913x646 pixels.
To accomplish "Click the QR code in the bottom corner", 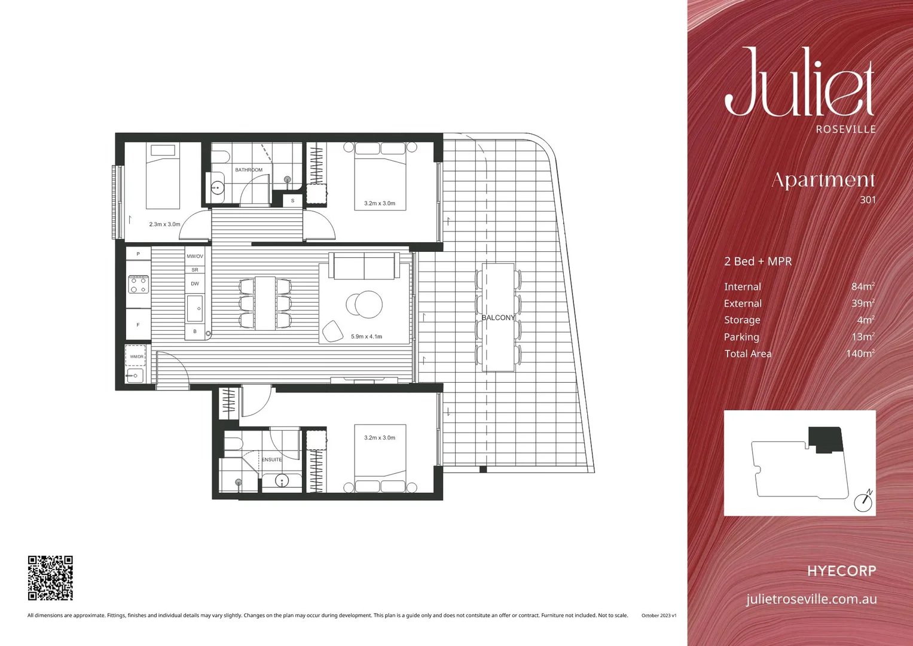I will pyautogui.click(x=50, y=578).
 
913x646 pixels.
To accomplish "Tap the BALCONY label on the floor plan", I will pyautogui.click(x=498, y=318).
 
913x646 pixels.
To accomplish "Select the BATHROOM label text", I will pyautogui.click(x=249, y=170).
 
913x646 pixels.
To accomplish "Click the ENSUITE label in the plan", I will pyautogui.click(x=271, y=459).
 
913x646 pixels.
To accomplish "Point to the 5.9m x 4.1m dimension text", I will pyautogui.click(x=367, y=337).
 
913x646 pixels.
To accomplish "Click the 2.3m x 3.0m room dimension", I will pyautogui.click(x=164, y=224).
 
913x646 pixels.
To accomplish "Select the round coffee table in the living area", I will pyautogui.click(x=364, y=304).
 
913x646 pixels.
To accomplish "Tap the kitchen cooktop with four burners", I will pyautogui.click(x=139, y=284).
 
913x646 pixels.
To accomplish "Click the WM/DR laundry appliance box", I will pyautogui.click(x=136, y=356).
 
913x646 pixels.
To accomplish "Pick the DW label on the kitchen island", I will pyautogui.click(x=195, y=284).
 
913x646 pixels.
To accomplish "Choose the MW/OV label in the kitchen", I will pyautogui.click(x=195, y=256).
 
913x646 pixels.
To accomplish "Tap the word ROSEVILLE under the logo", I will pyautogui.click(x=845, y=129).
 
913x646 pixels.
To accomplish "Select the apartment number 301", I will pyautogui.click(x=868, y=200).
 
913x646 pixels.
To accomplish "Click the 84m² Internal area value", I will pyautogui.click(x=863, y=287).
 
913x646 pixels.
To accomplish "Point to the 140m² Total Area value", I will pyautogui.click(x=860, y=354).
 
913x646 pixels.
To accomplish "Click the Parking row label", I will pyautogui.click(x=741, y=337).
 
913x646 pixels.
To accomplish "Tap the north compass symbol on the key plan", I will pyautogui.click(x=863, y=501).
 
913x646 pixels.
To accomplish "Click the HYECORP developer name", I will pyautogui.click(x=841, y=571).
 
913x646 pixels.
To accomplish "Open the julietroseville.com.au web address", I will pyautogui.click(x=811, y=599).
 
